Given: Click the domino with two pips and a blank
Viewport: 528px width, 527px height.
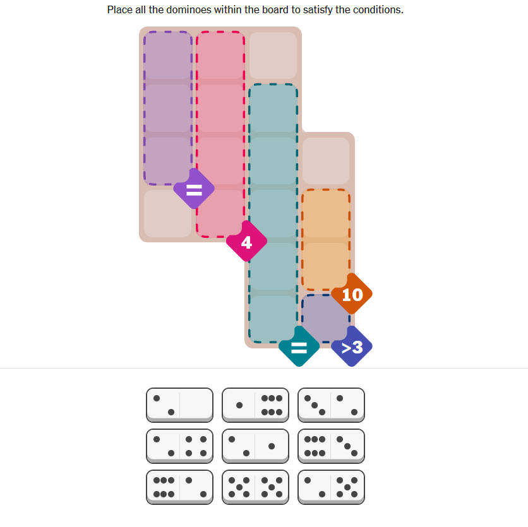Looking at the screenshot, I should tap(180, 405).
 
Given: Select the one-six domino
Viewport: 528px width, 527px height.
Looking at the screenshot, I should tap(255, 405).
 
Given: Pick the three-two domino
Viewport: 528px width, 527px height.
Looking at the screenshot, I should tap(331, 405).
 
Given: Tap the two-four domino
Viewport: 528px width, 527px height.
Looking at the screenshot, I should tap(180, 446).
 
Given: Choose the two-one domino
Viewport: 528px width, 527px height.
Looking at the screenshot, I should tap(255, 446).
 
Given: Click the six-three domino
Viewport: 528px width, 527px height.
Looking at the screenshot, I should tap(331, 446).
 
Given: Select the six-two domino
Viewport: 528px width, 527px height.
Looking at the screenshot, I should tap(180, 487).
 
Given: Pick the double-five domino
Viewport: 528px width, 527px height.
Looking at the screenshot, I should tap(255, 487).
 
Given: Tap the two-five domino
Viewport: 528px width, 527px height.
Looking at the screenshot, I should tap(331, 487).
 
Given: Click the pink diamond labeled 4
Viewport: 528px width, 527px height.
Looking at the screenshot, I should tap(246, 241).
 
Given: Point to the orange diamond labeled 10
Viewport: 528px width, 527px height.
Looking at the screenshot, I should tap(352, 294).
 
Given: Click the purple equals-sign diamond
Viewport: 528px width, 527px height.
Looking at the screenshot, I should tap(194, 189).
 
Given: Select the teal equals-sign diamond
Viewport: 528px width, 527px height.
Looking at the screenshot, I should tap(299, 346).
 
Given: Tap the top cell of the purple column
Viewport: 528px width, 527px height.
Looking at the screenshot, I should tap(168, 56).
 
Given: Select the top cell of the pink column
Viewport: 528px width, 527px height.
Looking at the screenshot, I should tap(220, 56).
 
